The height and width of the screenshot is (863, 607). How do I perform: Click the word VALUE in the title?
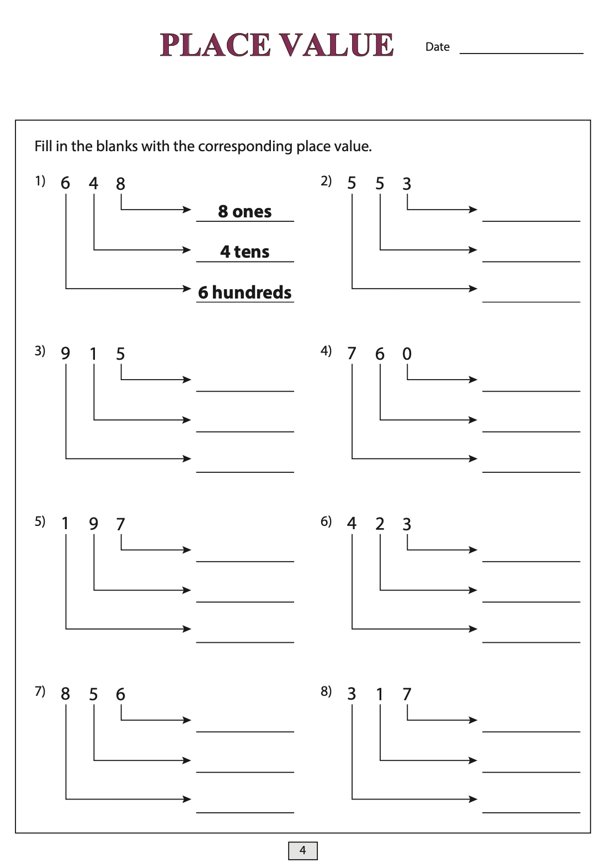point(336,45)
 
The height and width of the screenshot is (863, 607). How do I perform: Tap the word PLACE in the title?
point(215,45)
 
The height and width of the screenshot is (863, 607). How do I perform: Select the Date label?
point(437,47)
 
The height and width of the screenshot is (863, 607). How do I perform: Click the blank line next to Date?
point(521,53)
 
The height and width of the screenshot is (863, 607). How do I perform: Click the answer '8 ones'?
point(245,211)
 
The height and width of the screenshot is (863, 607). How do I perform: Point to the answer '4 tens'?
point(245,252)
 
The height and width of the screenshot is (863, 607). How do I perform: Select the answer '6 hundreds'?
point(245,292)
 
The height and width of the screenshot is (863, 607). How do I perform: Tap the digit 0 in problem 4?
point(407,353)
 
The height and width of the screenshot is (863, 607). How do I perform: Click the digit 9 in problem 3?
point(65,353)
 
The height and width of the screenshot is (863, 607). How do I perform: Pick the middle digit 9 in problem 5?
point(93,523)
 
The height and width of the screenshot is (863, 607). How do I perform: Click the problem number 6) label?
point(326,521)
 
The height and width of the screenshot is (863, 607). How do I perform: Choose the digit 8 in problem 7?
point(65,694)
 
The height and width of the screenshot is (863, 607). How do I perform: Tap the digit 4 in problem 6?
point(352,523)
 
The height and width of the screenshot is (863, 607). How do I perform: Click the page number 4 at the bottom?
point(302,850)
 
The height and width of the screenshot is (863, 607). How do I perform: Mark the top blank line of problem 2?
point(531,221)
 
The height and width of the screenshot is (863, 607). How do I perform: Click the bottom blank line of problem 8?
point(531,812)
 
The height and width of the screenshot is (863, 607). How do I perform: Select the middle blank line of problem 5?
point(245,601)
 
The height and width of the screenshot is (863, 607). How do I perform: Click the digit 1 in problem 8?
point(379,694)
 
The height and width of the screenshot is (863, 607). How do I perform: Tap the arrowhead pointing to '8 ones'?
point(187,210)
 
